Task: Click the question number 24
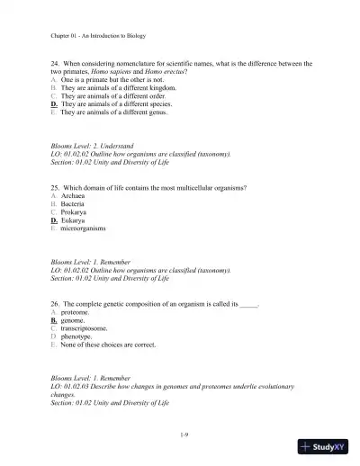click(x=55, y=64)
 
